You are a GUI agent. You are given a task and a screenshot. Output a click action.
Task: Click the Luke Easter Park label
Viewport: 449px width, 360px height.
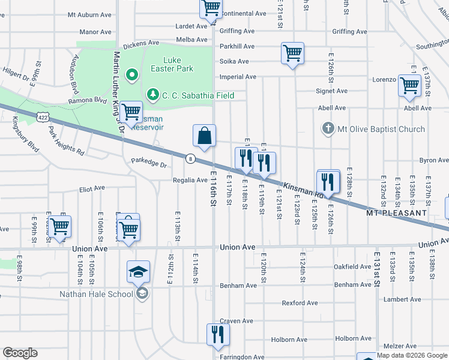179,64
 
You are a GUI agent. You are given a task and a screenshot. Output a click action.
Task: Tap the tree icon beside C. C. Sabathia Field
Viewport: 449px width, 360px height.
153,95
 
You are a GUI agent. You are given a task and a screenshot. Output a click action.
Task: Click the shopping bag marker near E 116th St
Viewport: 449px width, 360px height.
204,136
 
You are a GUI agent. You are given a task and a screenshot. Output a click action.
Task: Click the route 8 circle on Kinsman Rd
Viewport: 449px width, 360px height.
190,158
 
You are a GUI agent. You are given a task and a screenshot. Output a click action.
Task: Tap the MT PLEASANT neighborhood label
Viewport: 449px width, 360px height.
396,213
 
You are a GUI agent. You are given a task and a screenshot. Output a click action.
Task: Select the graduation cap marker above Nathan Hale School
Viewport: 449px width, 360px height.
138,272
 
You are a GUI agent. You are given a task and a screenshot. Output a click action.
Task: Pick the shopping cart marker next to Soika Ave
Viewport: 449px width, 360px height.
292,53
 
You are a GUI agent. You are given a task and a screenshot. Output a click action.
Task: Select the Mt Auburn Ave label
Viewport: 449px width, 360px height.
89,13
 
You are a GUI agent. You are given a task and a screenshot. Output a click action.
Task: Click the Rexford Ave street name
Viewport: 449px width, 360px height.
300,303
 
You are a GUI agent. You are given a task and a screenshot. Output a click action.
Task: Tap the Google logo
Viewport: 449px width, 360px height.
20,353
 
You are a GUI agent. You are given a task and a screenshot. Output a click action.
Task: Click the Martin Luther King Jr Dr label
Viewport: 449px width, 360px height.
118,90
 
